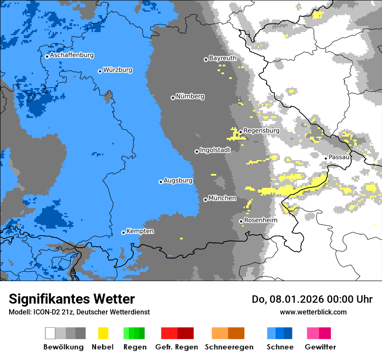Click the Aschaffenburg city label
tap(72, 55)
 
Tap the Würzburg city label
tap(118, 70)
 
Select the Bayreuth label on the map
tap(223, 58)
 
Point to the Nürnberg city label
tap(190, 96)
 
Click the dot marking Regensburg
tap(240, 132)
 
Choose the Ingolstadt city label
tap(215, 150)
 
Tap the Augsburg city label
tap(178, 180)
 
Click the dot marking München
tap(205, 200)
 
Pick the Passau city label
tap(339, 157)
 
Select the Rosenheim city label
tap(260, 220)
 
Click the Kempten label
tap(140, 231)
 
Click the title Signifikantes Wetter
tap(72, 299)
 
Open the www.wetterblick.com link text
tap(313, 312)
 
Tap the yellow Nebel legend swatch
tap(103, 333)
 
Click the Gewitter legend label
tap(320, 347)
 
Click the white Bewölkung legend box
tap(50, 333)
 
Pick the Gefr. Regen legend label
tap(177, 347)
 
